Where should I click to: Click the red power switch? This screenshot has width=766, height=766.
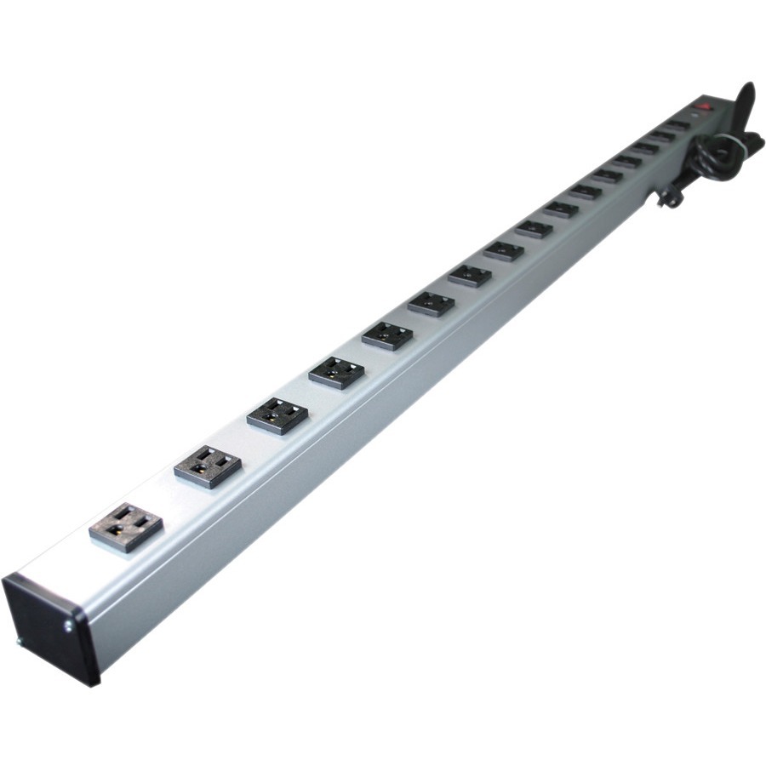pos(703,109)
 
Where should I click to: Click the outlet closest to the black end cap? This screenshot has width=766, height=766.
pos(126,528)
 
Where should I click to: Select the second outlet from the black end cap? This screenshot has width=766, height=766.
pos(208,466)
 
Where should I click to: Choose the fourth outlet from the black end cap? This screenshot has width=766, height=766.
pos(337,373)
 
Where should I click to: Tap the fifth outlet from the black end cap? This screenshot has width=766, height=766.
pos(387,335)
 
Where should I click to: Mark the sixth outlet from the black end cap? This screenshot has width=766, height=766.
pos(432,303)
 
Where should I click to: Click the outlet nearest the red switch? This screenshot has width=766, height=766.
pos(677,125)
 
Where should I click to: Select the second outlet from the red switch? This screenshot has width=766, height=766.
pos(661,136)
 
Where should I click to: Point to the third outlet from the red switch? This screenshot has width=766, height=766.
pos(645,148)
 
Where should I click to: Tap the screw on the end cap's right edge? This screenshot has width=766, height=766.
pos(66,628)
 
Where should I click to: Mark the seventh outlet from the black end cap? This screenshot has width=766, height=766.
pos(470,275)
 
